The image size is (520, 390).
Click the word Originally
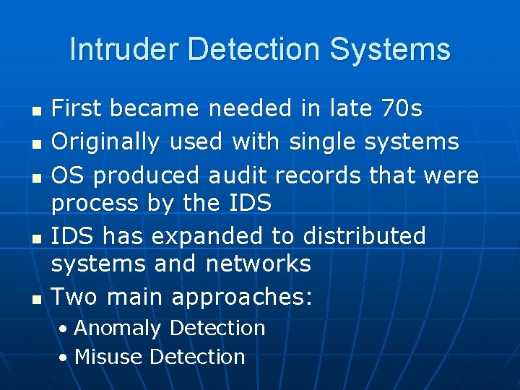pos(105,142)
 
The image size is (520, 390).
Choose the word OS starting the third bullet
pos(69,175)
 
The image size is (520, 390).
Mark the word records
pos(322,175)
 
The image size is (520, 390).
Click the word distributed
pos(364,236)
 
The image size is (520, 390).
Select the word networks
pos(258,264)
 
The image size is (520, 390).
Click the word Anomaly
pos(117,328)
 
